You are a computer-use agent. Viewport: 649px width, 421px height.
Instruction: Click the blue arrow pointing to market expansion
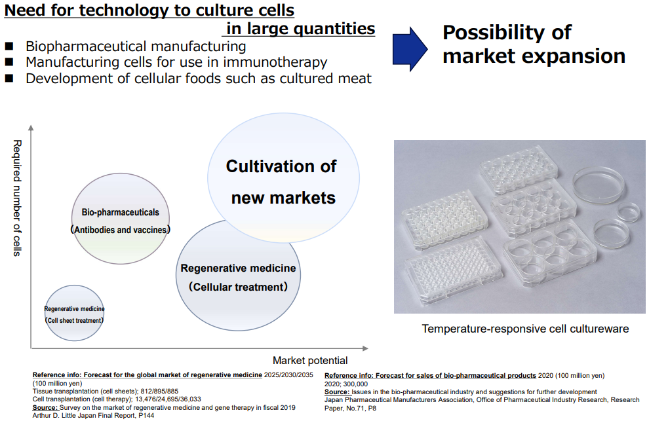410,49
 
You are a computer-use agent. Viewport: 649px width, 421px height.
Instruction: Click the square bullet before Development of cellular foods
9,78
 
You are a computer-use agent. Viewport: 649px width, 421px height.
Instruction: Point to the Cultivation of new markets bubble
283,178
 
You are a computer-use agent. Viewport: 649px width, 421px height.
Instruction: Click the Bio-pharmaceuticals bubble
121,219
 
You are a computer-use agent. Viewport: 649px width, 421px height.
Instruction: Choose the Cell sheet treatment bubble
75,313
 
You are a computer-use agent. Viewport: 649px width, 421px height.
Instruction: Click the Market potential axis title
310,361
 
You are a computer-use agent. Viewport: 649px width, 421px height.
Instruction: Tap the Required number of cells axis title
17,198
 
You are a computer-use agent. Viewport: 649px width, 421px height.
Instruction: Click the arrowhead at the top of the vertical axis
31,128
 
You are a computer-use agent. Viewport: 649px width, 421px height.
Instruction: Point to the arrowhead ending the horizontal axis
365,348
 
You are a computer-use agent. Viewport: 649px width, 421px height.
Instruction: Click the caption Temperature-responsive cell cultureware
525,329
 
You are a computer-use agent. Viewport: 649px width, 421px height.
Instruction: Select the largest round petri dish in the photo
599,183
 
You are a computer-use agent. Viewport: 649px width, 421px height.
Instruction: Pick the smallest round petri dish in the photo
628,211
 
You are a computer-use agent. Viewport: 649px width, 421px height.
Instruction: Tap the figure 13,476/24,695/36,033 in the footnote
168,399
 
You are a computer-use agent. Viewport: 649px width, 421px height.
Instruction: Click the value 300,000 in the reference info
355,384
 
